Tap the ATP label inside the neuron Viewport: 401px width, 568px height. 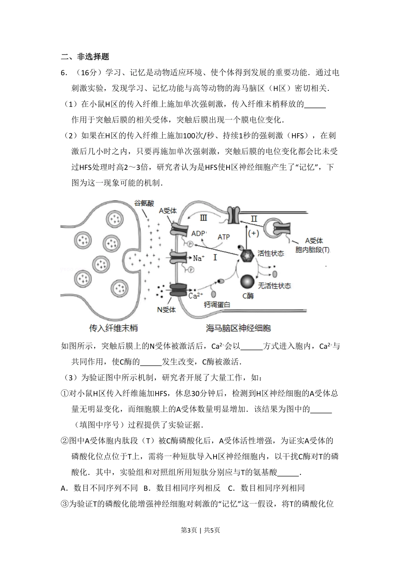click(223, 237)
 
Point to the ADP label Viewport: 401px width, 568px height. click(198, 233)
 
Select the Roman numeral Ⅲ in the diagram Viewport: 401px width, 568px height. click(203, 218)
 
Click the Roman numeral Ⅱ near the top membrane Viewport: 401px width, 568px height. click(254, 218)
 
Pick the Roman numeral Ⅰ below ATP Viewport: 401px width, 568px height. click(214, 257)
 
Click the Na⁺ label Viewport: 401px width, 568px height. click(198, 258)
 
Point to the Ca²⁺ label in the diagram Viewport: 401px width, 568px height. click(195, 295)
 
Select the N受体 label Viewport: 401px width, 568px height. click(166, 309)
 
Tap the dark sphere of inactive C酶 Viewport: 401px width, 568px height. click(248, 282)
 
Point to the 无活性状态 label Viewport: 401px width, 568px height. click(274, 286)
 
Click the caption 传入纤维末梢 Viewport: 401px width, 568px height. click(113, 328)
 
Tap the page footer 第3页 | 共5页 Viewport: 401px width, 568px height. click(200, 530)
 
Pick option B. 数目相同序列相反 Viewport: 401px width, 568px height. click(182, 488)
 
